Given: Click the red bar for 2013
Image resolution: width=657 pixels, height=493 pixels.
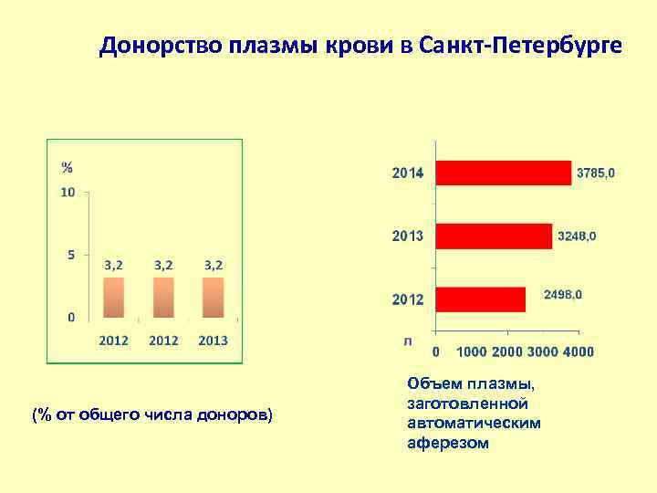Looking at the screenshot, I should click(494, 236).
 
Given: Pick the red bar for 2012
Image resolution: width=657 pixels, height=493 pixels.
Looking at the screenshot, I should click(481, 299).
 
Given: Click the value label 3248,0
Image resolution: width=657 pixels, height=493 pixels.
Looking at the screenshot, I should click(577, 236).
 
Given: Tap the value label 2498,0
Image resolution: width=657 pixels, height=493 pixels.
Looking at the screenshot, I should click(562, 295).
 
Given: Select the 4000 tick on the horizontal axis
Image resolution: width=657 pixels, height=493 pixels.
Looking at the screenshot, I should click(579, 351).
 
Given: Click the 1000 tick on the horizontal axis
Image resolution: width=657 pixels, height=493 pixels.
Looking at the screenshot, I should click(471, 351).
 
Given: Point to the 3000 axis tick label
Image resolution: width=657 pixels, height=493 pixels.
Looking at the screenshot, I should click(543, 351).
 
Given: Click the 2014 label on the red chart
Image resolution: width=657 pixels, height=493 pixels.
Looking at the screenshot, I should click(408, 173).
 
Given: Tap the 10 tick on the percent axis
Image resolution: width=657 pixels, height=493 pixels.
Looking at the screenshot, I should click(68, 193).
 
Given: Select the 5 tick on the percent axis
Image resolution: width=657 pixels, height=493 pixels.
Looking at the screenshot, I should click(71, 255).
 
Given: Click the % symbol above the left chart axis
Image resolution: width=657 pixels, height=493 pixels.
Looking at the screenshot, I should click(68, 167).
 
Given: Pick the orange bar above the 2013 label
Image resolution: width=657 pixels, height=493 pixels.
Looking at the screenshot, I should click(213, 298).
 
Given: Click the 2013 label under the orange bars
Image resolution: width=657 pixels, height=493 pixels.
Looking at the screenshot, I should click(213, 341).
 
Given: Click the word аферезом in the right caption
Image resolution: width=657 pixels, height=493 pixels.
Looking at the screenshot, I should click(448, 443).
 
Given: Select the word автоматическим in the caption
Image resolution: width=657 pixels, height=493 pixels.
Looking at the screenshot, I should click(474, 423).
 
